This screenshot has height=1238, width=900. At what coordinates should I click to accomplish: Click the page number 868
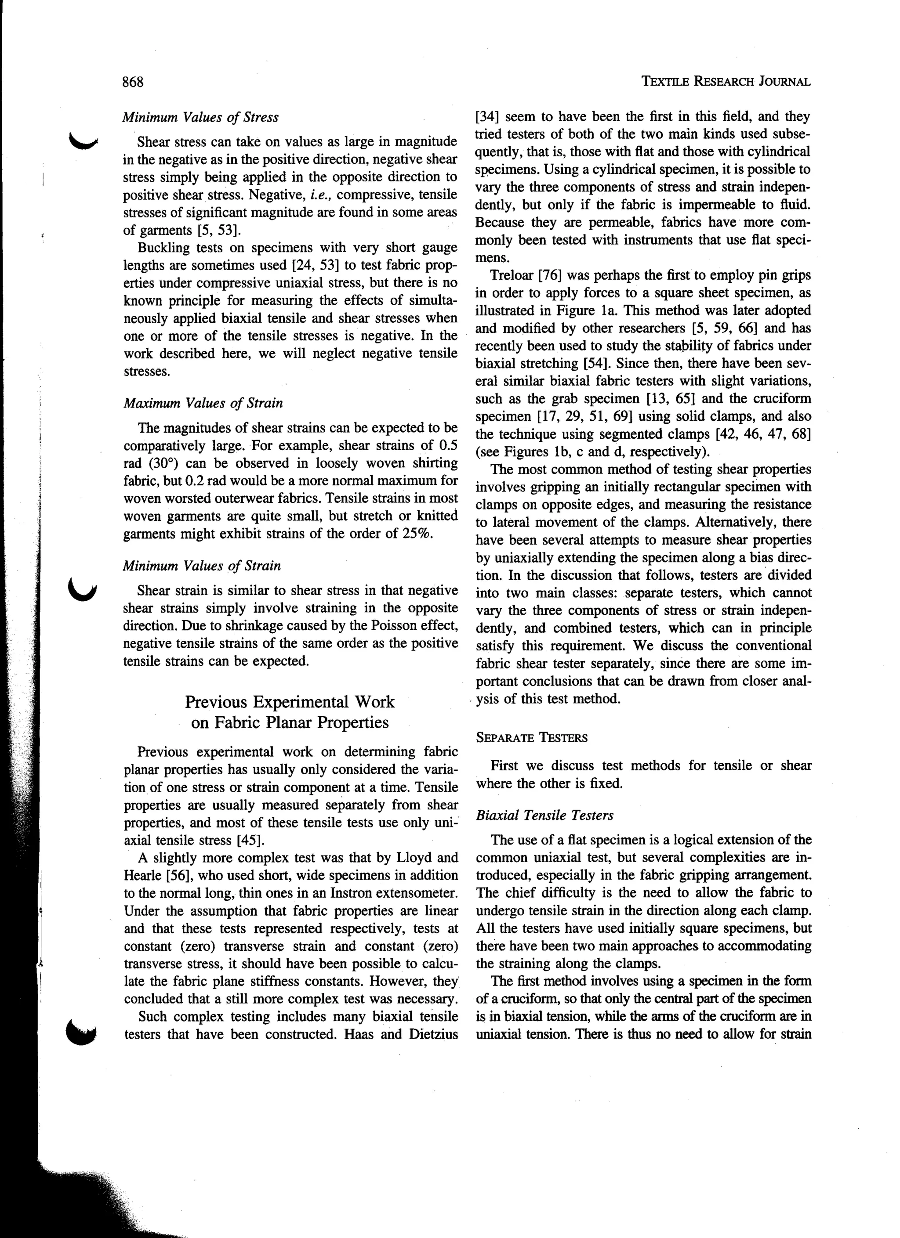(132, 82)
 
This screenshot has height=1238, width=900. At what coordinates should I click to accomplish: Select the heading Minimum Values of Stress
(200, 117)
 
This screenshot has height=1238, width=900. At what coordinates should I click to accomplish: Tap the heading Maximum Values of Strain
(203, 404)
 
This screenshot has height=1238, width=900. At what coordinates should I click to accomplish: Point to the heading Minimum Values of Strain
(202, 566)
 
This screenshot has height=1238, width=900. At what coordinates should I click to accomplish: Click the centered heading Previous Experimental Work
(290, 701)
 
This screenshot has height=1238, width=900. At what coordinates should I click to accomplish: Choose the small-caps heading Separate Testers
(531, 738)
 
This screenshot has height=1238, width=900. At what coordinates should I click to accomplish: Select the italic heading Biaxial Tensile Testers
(544, 816)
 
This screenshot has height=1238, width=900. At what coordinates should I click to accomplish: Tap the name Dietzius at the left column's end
(432, 1034)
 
